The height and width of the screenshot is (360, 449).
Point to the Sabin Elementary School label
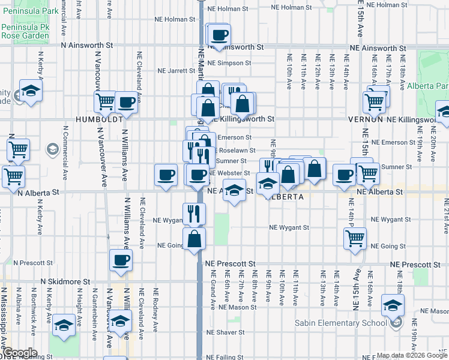[341, 323]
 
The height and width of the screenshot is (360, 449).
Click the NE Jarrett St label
[173, 70]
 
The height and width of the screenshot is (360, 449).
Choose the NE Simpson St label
[229, 63]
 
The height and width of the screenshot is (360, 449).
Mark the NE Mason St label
[238, 307]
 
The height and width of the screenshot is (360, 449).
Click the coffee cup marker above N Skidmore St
[121, 260]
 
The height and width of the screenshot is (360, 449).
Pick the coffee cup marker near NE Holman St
[220, 34]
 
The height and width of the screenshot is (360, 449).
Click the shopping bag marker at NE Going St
[195, 239]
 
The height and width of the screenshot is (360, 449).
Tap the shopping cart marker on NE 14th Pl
[355, 238]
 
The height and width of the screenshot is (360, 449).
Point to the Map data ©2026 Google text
[411, 355]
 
